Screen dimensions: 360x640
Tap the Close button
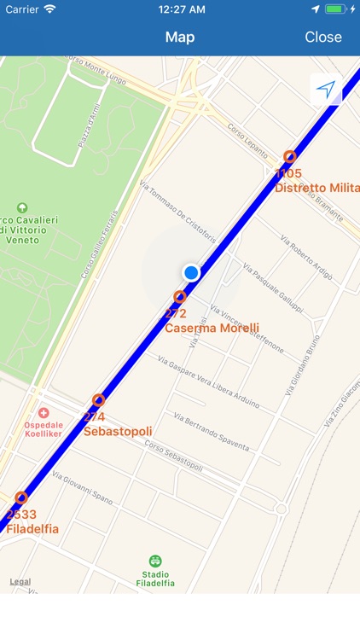coord(323,37)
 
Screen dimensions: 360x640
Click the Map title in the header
coord(180,37)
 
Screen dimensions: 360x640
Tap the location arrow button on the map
coord(326,89)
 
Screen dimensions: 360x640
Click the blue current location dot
coord(191,272)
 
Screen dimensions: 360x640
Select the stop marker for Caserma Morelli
coord(179,297)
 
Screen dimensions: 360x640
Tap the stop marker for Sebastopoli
coord(99,400)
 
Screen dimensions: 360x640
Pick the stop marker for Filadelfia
coord(21,497)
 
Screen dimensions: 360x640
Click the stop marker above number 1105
coord(290,156)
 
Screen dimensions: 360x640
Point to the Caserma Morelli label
coord(200,328)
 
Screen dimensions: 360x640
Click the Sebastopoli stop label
coord(118,431)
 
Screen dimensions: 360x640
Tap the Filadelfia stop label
coord(32,529)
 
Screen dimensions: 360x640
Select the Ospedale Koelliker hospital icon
coord(44,413)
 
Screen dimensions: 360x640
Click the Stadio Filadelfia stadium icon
coord(154,561)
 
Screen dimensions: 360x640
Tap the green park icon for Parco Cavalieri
coord(21,207)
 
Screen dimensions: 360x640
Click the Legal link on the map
coord(20,581)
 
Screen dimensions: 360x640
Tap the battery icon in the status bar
coord(336,9)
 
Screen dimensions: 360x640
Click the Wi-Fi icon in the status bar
coord(49,9)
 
